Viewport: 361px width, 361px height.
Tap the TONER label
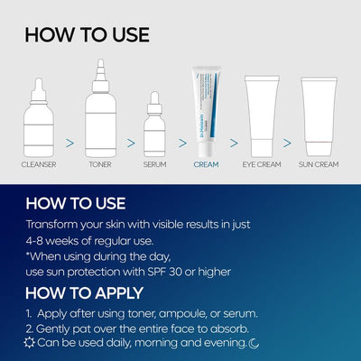[x=101, y=166]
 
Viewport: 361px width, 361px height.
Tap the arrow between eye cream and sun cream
[x=288, y=142]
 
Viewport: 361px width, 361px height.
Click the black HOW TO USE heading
[x=87, y=35]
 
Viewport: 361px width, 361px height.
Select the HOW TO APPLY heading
[x=83, y=293]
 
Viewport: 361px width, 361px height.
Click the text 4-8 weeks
[x=54, y=241]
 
